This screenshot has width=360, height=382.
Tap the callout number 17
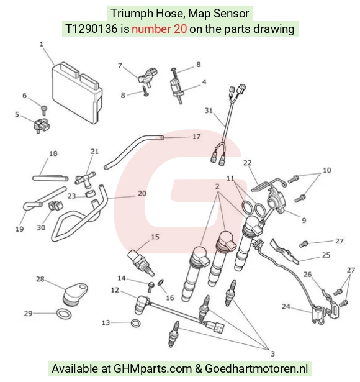[196, 137]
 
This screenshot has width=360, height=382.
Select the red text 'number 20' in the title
[159, 29]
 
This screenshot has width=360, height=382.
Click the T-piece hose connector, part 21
[85, 180]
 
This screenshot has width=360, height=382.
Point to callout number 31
[209, 111]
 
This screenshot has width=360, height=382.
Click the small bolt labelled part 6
[44, 110]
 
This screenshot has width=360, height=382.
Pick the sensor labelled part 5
[42, 125]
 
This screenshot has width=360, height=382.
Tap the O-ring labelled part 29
[64, 314]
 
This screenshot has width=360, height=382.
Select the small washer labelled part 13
[135, 323]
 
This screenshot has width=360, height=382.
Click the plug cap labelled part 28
[75, 293]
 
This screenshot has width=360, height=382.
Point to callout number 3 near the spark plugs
[272, 353]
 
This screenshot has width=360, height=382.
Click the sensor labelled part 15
[141, 263]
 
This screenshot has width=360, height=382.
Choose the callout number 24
[286, 306]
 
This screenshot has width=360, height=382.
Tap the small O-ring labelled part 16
[161, 283]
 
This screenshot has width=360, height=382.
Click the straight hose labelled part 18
[50, 178]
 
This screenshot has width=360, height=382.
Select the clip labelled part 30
[56, 206]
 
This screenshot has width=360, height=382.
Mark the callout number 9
[304, 221]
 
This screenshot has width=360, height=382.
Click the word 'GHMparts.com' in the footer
[153, 368]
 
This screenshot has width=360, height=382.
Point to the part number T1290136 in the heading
[91, 29]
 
